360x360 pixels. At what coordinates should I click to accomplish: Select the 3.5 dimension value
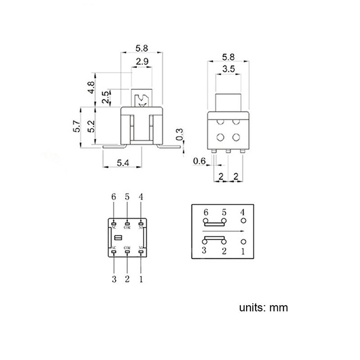click(228, 69)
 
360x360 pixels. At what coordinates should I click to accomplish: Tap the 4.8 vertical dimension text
click(92, 86)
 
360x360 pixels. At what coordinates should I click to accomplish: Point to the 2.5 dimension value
click(105, 98)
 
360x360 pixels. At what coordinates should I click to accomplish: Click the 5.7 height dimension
click(77, 126)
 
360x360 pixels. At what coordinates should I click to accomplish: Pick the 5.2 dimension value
click(92, 126)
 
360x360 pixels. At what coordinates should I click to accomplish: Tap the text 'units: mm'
click(263, 308)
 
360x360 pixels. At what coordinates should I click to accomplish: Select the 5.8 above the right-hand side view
click(228, 58)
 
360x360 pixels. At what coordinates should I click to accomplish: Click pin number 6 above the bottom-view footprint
click(114, 197)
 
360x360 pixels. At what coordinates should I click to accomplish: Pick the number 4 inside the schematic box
click(243, 212)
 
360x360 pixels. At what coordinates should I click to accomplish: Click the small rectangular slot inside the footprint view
click(119, 237)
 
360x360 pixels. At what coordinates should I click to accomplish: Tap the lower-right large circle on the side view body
click(236, 137)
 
